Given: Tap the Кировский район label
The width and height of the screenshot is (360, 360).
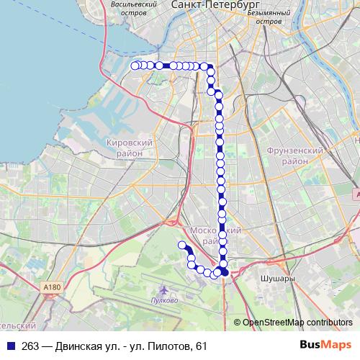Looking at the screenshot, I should pos(131,148).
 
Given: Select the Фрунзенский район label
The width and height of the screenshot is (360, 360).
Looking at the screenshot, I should pos(293,156).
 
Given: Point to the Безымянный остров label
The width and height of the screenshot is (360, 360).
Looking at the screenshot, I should pos(268,17).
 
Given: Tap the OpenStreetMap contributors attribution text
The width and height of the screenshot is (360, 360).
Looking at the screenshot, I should pos(297,323).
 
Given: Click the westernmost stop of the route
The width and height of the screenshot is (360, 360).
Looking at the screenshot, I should pos(135,66).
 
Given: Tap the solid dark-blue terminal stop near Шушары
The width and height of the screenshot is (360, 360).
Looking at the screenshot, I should pos(225,272).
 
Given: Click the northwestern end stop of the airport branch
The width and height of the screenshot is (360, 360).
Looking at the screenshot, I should pos(181,246).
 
